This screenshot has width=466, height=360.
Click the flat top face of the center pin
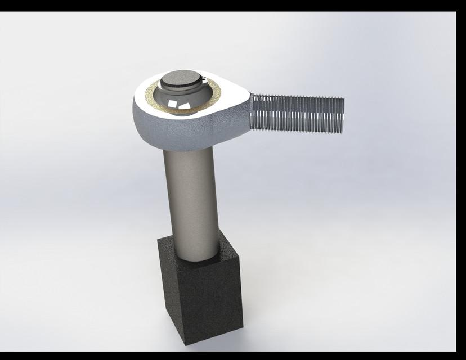pyautogui.click(x=181, y=79)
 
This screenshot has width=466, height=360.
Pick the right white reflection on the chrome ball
pyautogui.click(x=184, y=106)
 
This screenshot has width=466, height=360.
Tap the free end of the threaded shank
pyautogui.click(x=341, y=116)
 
